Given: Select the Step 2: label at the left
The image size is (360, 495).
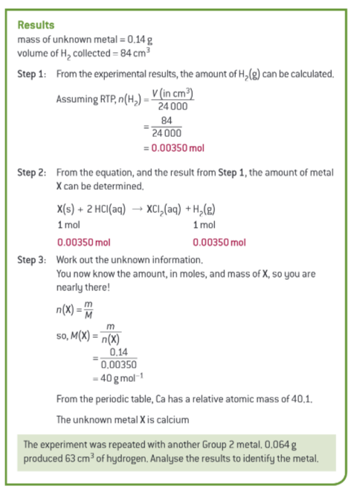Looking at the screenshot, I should [33, 172].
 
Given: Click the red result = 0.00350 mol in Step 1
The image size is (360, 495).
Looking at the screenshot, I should [178, 147].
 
